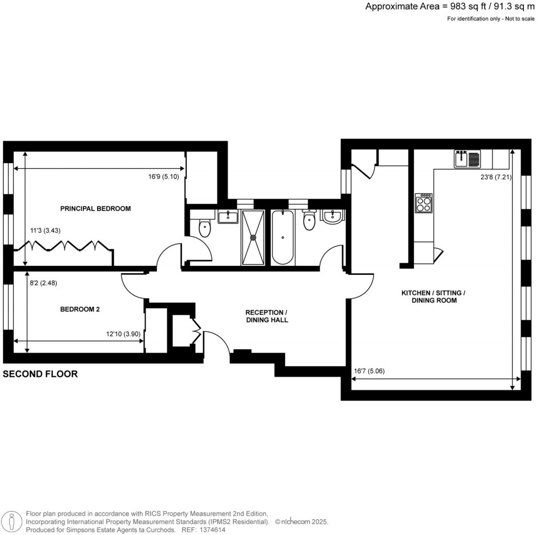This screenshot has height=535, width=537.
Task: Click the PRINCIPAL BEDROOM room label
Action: pyautogui.click(x=95, y=208)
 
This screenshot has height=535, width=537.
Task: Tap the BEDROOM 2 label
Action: pyautogui.click(x=80, y=309)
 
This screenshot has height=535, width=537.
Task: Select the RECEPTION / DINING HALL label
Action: pyautogui.click(x=267, y=316)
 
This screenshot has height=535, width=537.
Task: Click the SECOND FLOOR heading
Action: pyautogui.click(x=40, y=374)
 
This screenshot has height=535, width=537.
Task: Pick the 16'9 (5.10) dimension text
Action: pyautogui.click(x=164, y=177)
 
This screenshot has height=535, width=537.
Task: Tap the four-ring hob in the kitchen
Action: pyautogui.click(x=424, y=202)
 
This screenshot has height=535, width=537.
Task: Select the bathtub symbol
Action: pyautogui.click(x=283, y=237)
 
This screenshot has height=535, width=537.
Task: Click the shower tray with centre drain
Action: pyautogui.click(x=254, y=237)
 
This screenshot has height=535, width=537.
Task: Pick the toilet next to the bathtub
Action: pyautogui.click(x=309, y=221)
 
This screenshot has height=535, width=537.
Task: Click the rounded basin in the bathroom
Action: pyautogui.click(x=331, y=216)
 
